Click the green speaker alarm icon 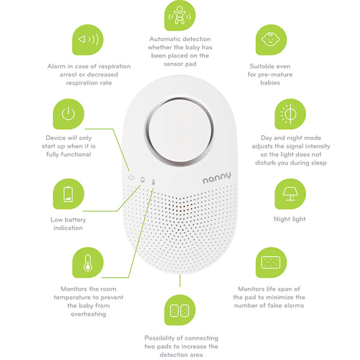pos(88,40)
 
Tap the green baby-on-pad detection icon pos(180,15)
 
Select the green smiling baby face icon pos(271,40)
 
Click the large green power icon pos(68,114)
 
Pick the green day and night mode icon pos(290,114)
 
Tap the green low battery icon pos(68,194)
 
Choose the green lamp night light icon pos(290,194)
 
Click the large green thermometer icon pos(88,262)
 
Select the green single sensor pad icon pos(271,262)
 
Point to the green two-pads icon pos(180,310)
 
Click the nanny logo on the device pos(217,178)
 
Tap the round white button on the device pos(180,131)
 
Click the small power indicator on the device pos(131,177)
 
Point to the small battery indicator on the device pos(143,180)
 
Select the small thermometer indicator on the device pos(153,182)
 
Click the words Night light pos(289,219)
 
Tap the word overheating pos(88,314)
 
